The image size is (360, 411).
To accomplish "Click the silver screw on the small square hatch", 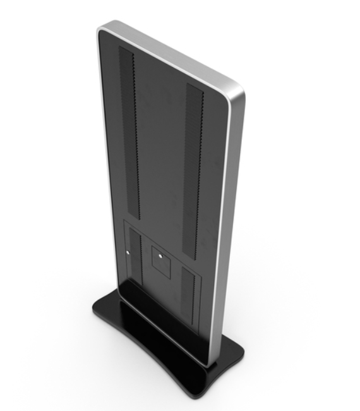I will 160,256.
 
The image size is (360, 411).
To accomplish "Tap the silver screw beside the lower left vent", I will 127,254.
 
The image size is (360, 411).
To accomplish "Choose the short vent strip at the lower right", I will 189,288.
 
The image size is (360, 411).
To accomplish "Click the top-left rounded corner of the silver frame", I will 103,28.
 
